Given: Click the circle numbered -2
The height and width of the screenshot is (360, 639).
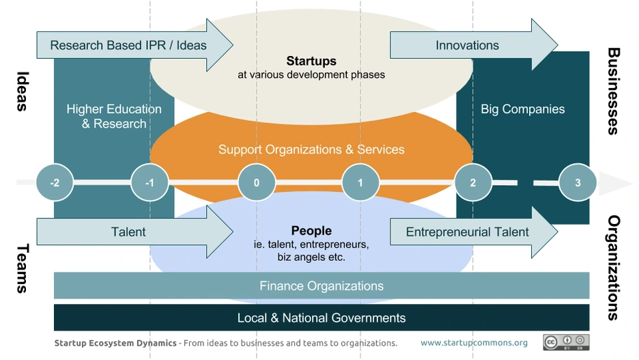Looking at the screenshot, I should coord(55,182).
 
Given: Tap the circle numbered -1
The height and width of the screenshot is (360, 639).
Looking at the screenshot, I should coord(150,182).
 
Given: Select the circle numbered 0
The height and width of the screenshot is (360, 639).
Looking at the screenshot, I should coord(257,182).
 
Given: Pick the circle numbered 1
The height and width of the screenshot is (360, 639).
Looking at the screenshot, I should coord(361,182).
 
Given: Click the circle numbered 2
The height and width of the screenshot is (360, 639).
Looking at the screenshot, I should coord(473,182).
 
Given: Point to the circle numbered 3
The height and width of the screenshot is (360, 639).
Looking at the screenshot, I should coord(578,182).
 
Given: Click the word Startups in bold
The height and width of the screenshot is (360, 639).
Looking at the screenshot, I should coord(311,61).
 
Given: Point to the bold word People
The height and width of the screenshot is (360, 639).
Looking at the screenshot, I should coord(311,231).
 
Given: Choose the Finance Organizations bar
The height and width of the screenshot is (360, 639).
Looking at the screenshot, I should coord(321,286).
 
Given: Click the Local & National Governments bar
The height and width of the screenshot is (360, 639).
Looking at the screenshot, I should coord(321,318).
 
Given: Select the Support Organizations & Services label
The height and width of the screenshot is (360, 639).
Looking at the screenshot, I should coord(311,149).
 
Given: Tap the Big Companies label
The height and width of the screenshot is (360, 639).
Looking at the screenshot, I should coord(523,109).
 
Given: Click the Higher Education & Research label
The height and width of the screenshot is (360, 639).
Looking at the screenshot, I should coord(114,116).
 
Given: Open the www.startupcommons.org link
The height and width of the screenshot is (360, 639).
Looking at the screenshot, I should coord(474,343).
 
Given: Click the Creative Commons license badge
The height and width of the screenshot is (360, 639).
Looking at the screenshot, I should coord(566,342).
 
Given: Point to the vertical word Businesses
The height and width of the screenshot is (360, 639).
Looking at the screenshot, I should coord(613,91).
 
